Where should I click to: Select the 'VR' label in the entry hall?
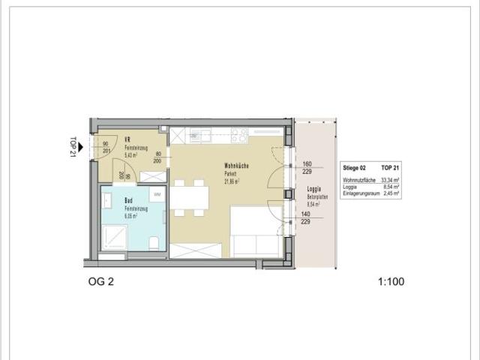[128, 139]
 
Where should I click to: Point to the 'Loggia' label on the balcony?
[314, 188]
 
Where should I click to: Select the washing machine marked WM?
[157, 195]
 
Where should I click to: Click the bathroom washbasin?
[108, 200]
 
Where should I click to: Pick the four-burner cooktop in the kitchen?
[239, 135]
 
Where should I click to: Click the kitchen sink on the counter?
[200, 136]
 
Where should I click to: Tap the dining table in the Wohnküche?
[191, 198]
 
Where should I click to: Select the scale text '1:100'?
[392, 283]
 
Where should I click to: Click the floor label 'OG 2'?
[103, 283]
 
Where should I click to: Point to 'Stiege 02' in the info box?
[354, 169]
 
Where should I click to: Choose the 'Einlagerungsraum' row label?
[358, 193]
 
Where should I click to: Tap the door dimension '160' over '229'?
[307, 168]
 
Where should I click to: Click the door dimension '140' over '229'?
[307, 217]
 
